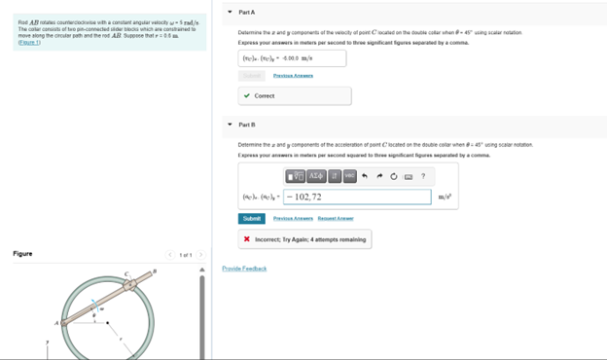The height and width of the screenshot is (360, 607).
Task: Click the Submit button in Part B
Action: pos(251,218)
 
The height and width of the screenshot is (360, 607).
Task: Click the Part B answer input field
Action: pos(357,197)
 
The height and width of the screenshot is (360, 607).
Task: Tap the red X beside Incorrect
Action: pos(247,239)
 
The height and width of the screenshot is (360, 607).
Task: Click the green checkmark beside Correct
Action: pos(247,96)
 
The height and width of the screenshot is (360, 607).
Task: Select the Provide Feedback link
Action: pos(244,269)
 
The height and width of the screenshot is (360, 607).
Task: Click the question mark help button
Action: pos(423,176)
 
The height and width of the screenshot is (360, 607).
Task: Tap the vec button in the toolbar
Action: pos(349,176)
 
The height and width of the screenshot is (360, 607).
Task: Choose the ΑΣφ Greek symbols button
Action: pos(316,176)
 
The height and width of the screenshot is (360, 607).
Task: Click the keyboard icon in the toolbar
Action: pos(409,176)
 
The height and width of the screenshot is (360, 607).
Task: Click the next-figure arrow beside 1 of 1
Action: pos(199,255)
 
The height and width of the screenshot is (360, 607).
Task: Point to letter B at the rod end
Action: pos(155,271)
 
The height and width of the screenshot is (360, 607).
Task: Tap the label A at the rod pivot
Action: pos(57,322)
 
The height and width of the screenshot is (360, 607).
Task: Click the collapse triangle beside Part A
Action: pos(230,12)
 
